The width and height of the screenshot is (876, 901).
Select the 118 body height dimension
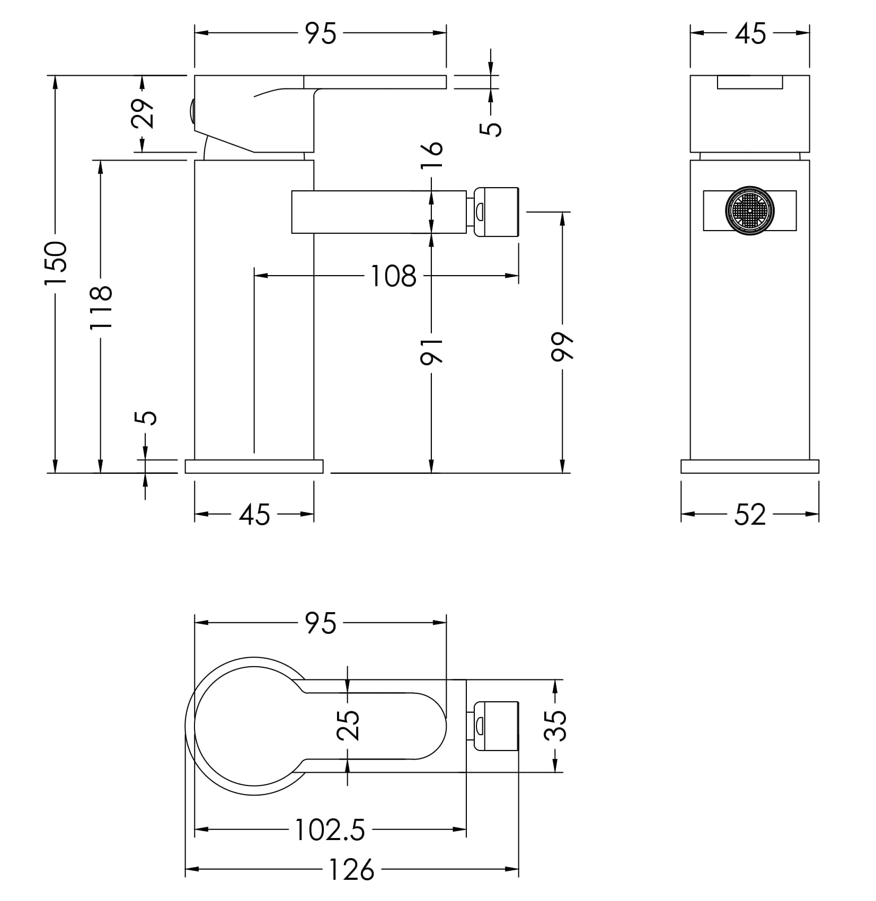pyautogui.click(x=101, y=307)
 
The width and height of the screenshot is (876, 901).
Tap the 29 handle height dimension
pyautogui.click(x=142, y=113)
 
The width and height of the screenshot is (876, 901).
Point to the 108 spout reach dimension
pyautogui.click(x=393, y=276)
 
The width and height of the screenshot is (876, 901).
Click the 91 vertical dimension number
pyautogui.click(x=431, y=350)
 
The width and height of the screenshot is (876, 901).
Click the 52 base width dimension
pyautogui.click(x=750, y=515)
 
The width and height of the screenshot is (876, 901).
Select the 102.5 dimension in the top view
pyautogui.click(x=330, y=830)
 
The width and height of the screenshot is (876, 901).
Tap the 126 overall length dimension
pyautogui.click(x=351, y=870)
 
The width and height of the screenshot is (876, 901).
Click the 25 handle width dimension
pyautogui.click(x=348, y=725)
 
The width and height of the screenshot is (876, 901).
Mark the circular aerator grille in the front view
pyautogui.click(x=750, y=210)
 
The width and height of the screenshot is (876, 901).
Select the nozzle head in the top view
pyautogui.click(x=496, y=726)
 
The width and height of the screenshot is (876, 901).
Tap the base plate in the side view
pyautogui.click(x=254, y=466)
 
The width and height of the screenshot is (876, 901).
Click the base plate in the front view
pyautogui.click(x=750, y=466)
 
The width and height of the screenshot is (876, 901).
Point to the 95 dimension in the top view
pyautogui.click(x=321, y=623)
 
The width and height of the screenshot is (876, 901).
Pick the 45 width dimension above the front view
pyautogui.click(x=750, y=33)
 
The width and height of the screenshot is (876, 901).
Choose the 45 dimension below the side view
pyautogui.click(x=254, y=515)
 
